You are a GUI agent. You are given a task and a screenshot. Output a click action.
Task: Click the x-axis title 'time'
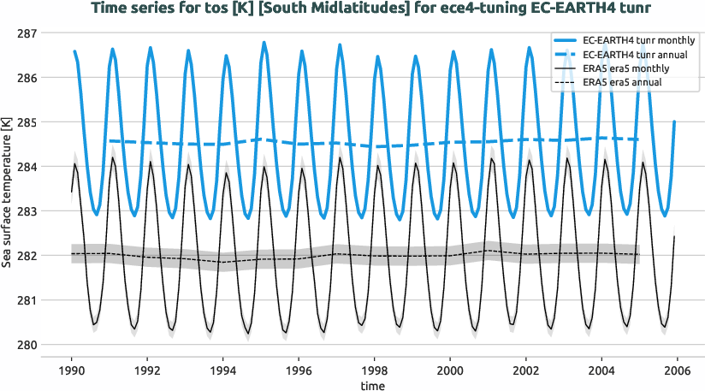(x=372, y=386)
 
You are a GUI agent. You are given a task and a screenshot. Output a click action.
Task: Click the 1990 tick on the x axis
(x=72, y=370)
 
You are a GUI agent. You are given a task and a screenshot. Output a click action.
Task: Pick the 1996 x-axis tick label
(x=297, y=370)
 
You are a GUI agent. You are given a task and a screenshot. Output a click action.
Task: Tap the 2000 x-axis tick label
(x=447, y=370)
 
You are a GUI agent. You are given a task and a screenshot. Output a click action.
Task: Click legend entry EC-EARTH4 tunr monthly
(x=638, y=40)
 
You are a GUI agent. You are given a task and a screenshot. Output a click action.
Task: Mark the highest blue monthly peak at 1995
(x=264, y=42)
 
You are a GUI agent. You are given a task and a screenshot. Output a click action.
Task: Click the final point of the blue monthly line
(x=675, y=121)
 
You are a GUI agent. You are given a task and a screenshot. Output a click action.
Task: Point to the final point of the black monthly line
(x=675, y=236)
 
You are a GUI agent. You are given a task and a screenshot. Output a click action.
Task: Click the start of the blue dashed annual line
(x=110, y=140)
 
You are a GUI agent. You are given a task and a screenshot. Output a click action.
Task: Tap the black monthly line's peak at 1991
(x=113, y=157)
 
